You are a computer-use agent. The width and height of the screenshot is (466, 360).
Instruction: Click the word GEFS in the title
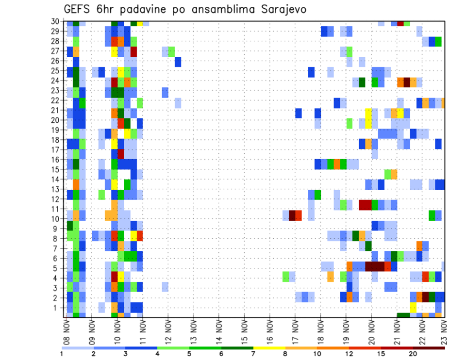click(x=79, y=10)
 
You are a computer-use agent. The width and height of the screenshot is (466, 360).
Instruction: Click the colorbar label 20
click(x=413, y=354)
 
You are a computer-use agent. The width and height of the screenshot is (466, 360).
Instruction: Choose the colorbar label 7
click(x=253, y=354)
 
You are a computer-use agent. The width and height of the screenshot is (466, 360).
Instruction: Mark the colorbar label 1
click(x=62, y=354)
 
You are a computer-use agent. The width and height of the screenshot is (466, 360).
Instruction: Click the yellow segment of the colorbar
click(x=269, y=348)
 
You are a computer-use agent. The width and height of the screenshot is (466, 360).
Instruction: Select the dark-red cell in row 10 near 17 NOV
click(x=292, y=215)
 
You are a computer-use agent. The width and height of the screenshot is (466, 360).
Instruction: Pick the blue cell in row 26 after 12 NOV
click(x=178, y=62)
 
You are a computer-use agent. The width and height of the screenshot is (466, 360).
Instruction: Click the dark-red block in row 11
click(x=365, y=205)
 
